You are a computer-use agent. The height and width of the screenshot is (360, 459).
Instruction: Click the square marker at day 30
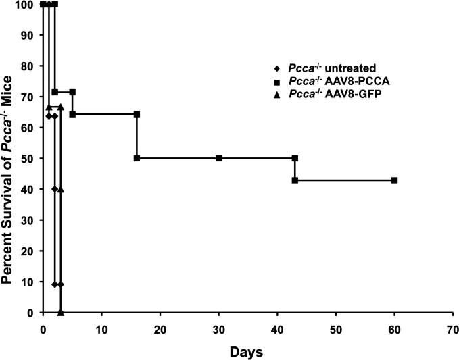tap(218, 158)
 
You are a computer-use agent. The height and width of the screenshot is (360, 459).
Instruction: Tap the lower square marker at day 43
tap(295, 180)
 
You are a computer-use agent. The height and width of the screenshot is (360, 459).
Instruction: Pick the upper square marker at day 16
tap(137, 114)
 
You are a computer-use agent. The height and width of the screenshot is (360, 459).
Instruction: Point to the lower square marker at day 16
tap(137, 158)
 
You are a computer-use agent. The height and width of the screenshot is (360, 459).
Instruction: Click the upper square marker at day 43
tap(295, 158)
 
